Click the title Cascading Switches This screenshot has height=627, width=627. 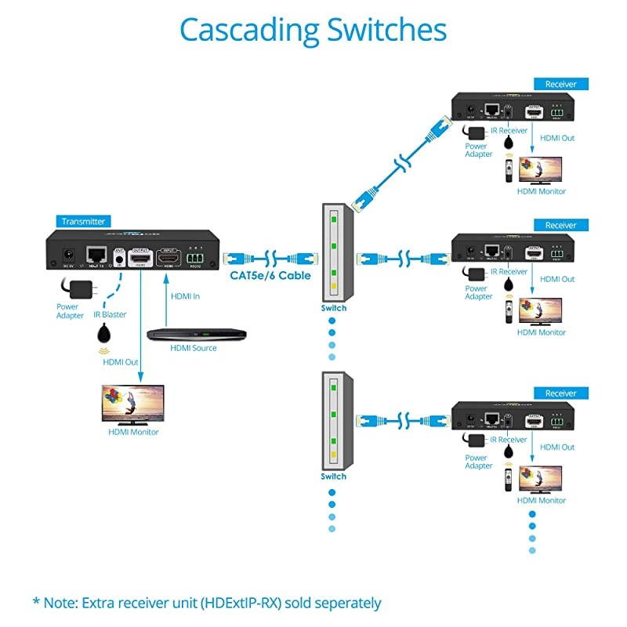click(x=313, y=30)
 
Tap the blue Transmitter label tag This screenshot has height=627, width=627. click(x=82, y=222)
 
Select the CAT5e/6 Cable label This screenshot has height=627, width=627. click(x=270, y=275)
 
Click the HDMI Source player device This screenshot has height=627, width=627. click(x=197, y=334)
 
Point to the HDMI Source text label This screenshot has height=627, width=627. click(x=194, y=348)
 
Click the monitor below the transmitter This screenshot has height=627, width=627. click(x=133, y=404)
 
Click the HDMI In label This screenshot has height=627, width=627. click(x=185, y=295)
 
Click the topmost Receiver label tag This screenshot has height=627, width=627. click(x=560, y=84)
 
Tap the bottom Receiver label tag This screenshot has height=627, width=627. click(x=560, y=393)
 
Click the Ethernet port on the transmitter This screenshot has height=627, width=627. click(x=97, y=254)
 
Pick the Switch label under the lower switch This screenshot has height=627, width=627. click(x=333, y=477)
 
